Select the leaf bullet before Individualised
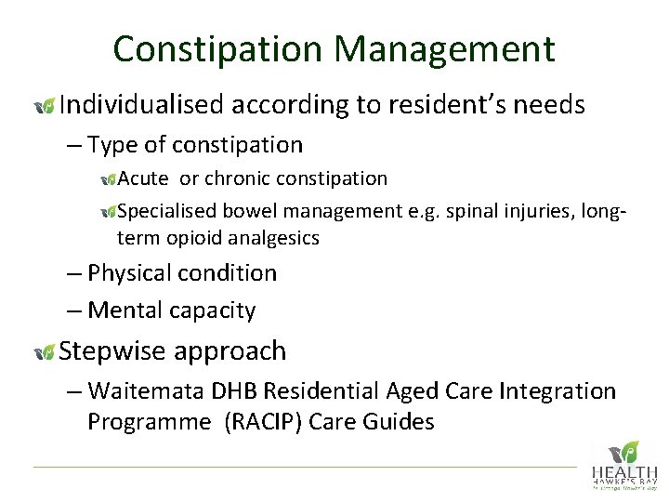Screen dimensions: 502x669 [44, 107]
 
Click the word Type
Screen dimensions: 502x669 [112, 145]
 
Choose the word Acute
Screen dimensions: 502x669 [144, 178]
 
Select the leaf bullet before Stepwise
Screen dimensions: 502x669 [44, 352]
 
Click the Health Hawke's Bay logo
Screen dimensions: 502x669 [623, 464]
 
